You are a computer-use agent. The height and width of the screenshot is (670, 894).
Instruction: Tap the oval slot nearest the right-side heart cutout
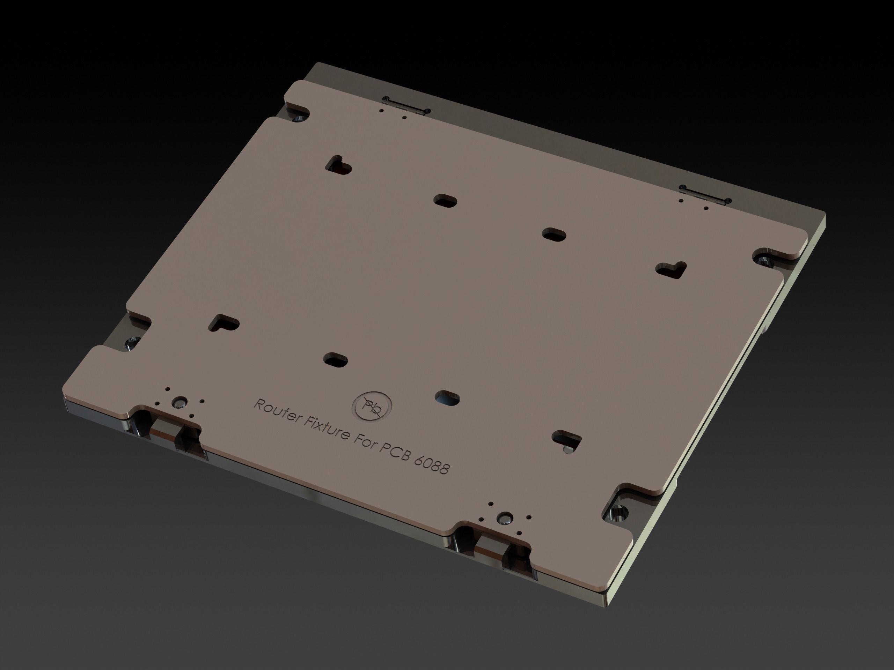[554, 234]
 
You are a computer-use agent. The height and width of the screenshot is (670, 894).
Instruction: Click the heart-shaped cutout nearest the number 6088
[567, 440]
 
